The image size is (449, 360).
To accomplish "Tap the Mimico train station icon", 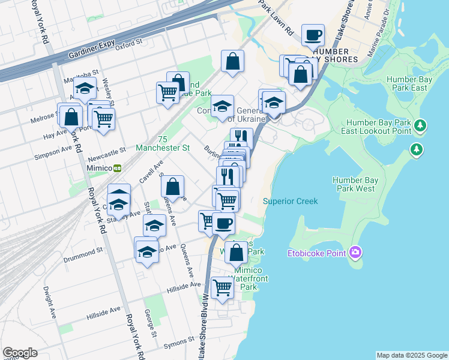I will click(x=118, y=167).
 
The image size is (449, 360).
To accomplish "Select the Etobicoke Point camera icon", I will click(x=355, y=252).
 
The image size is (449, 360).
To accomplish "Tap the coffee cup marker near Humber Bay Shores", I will click(x=313, y=35).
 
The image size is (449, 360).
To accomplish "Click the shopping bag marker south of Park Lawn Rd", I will click(x=232, y=61).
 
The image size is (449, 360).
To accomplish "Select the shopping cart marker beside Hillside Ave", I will click(x=223, y=289).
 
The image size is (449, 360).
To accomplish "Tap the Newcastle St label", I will click(x=105, y=151).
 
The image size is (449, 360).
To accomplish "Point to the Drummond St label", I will click(x=83, y=259).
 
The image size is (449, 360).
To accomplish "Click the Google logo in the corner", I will click(x=20, y=353).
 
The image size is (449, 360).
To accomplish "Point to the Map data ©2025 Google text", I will click(x=411, y=355).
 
